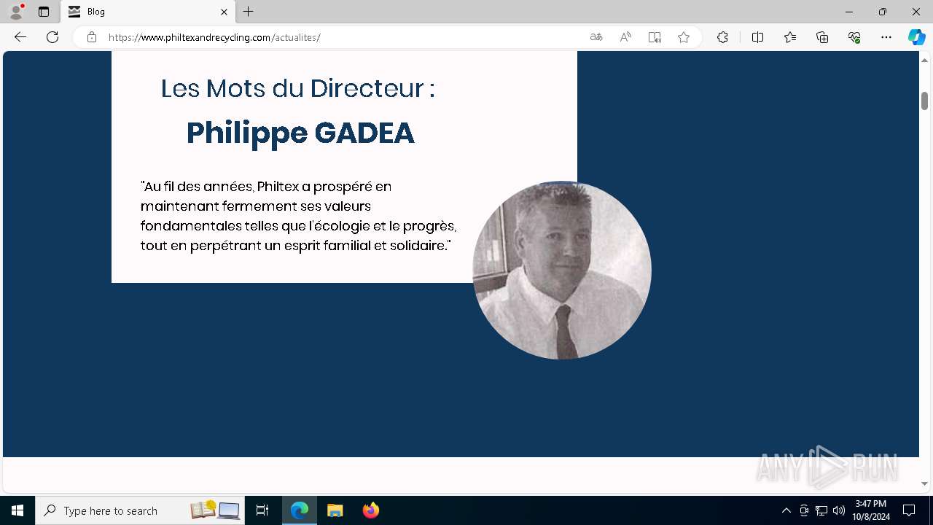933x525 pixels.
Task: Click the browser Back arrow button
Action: pyautogui.click(x=20, y=37)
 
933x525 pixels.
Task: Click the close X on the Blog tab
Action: pyautogui.click(x=224, y=12)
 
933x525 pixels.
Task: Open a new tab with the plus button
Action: pyautogui.click(x=249, y=12)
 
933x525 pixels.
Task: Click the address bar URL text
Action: pyautogui.click(x=214, y=37)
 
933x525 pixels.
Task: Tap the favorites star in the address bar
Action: pyautogui.click(x=684, y=37)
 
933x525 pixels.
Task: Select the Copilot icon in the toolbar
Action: pyautogui.click(x=916, y=37)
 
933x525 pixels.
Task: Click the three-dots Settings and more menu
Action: pyautogui.click(x=886, y=37)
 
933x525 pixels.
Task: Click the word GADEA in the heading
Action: pyautogui.click(x=364, y=133)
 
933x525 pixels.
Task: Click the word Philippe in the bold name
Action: pyautogui.click(x=246, y=133)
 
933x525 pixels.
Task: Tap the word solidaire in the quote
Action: pyautogui.click(x=420, y=246)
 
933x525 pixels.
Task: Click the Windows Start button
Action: pyautogui.click(x=17, y=510)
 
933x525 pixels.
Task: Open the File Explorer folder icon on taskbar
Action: pyautogui.click(x=335, y=510)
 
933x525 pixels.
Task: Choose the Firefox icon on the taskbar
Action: pyautogui.click(x=371, y=510)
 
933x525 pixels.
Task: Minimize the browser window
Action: pyautogui.click(x=849, y=12)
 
